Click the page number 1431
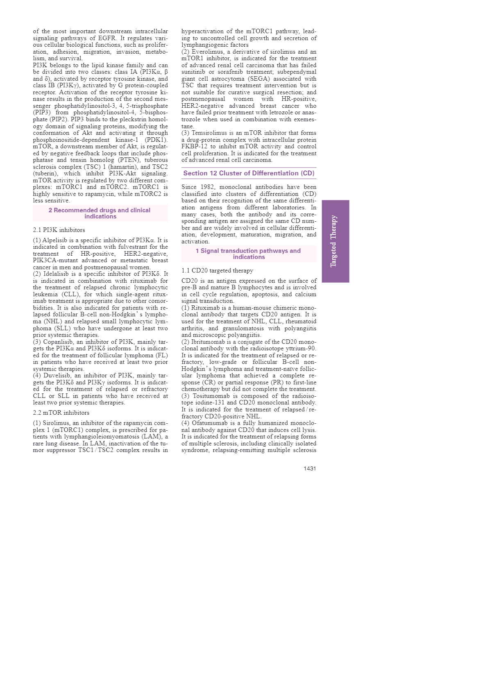310,468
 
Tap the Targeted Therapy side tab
335,241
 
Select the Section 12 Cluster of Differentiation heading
249,173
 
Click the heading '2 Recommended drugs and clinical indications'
100,213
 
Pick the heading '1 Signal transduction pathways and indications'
249,254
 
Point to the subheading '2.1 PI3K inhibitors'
59,230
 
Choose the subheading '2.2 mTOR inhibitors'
61,413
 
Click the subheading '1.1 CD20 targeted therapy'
217,270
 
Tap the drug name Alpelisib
54,240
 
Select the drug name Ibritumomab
209,342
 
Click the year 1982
208,187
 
